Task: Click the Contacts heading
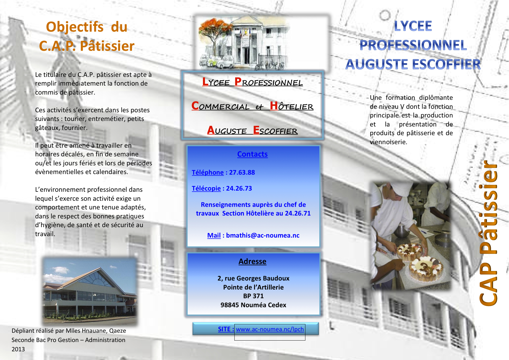[x=252, y=154]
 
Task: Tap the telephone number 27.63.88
[x=242, y=172]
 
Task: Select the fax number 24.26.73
[x=239, y=188]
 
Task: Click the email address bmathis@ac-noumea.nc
[x=263, y=235]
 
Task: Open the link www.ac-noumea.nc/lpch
[x=270, y=329]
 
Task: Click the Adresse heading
[x=252, y=261]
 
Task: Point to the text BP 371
[x=253, y=296]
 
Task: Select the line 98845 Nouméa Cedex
[x=253, y=305]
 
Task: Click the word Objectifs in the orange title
[x=75, y=27]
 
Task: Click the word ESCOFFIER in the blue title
[x=447, y=64]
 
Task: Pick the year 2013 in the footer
[x=18, y=349]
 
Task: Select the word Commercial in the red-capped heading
[x=220, y=106]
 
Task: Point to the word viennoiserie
[x=388, y=142]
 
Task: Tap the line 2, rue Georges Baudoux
[x=253, y=278]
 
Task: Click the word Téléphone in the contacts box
[x=208, y=172]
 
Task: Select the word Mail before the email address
[x=214, y=235]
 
